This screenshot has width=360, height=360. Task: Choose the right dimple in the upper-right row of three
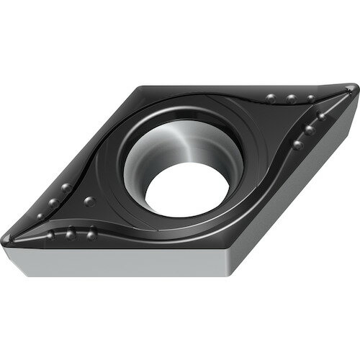[x=310, y=99]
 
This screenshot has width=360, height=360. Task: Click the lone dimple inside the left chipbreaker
[x=89, y=201]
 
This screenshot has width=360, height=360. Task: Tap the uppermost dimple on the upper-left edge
[x=66, y=188]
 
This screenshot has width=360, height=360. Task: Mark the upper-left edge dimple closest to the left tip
[x=53, y=202]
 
